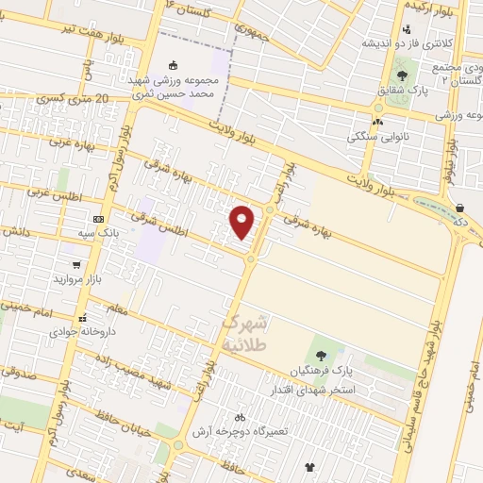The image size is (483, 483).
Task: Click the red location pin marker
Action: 243,222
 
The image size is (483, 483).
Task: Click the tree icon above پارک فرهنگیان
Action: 322,356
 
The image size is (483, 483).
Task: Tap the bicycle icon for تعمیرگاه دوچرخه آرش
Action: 240,416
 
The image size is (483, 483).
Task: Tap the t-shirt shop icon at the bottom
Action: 309,466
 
